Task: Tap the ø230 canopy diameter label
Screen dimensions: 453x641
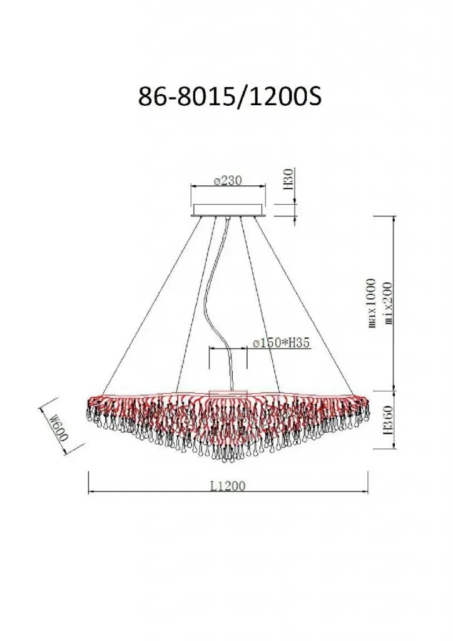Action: coord(228,180)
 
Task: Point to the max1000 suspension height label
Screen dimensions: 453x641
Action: coord(371,303)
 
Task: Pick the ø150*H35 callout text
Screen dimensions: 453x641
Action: coord(282,344)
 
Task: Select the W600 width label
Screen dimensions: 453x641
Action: coord(59,427)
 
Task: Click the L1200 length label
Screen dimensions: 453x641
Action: coord(228,486)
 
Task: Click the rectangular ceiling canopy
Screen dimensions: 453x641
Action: coord(228,210)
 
